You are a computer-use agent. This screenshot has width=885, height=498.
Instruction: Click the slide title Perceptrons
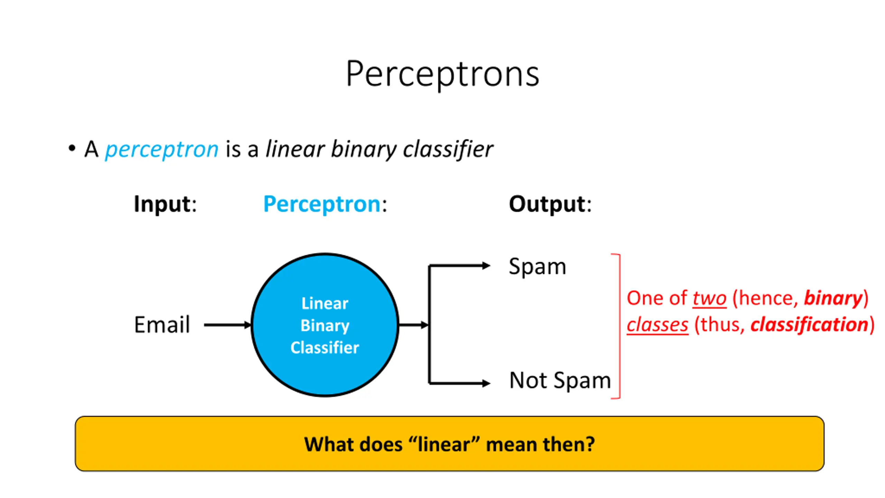[x=442, y=74]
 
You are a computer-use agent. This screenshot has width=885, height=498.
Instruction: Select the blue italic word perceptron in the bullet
[x=162, y=150]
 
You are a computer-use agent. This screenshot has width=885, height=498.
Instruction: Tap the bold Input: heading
[x=165, y=204]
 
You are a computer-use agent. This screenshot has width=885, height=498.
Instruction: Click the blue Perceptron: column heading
[x=325, y=204]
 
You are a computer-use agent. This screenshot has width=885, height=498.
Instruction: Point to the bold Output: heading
[x=550, y=204]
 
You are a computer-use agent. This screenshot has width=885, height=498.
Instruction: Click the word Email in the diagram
[x=162, y=325]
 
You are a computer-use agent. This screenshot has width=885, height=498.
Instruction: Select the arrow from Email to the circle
[x=227, y=325]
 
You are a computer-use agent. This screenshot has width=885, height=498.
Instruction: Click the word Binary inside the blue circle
[x=325, y=326]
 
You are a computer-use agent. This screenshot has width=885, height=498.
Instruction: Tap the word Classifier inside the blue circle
[x=325, y=347]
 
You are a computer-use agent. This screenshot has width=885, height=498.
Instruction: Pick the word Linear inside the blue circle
[x=325, y=303]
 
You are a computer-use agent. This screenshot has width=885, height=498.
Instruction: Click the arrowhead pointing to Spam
[x=486, y=266]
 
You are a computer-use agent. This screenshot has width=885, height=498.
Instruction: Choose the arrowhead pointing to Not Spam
[x=486, y=383]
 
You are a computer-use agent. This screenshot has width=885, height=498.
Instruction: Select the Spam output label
[x=538, y=267]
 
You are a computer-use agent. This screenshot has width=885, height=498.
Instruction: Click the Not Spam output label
[x=560, y=381]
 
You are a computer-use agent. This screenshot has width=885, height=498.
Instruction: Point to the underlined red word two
[x=710, y=298]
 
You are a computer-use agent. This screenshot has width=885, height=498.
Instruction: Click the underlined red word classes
[x=658, y=325]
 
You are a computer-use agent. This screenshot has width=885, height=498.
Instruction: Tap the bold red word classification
[x=810, y=325]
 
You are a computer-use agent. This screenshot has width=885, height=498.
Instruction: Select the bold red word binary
[x=833, y=298]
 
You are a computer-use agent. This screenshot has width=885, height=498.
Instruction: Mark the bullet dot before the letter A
[x=72, y=148]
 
